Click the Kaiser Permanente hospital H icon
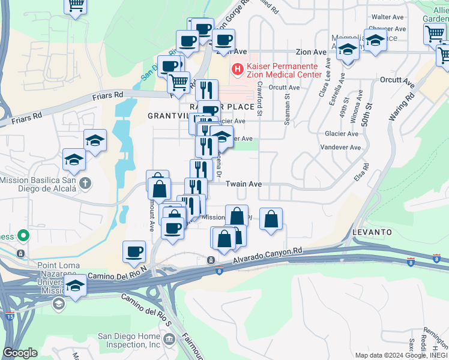[x=238, y=70]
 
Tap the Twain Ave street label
[x=244, y=184]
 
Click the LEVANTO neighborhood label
[x=372, y=232]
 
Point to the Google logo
[x=20, y=353]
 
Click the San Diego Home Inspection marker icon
[x=169, y=340]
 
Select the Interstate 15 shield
[x=10, y=314]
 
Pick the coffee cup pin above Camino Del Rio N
[x=134, y=251]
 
